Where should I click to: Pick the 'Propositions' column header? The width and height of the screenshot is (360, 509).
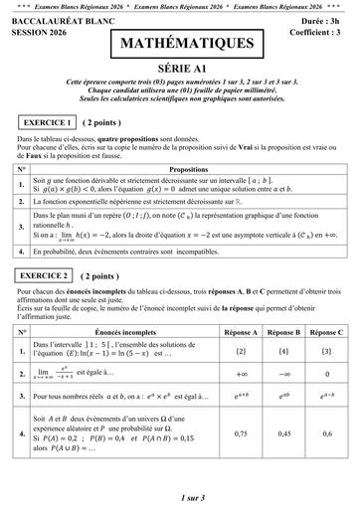tap(189, 170)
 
